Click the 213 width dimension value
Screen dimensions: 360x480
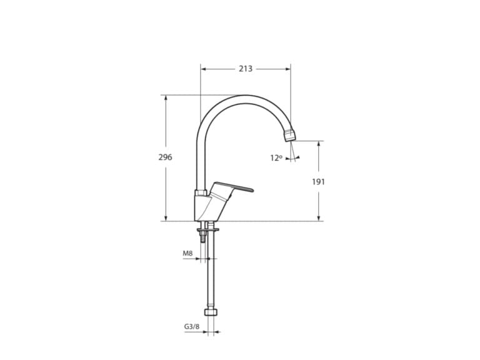pos(246,69)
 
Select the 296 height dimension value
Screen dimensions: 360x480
pos(165,157)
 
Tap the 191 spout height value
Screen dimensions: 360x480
pos(319,181)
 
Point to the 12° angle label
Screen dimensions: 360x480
pos(276,158)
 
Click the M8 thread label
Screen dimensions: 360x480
pos(187,254)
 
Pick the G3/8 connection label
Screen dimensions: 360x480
pos(191,326)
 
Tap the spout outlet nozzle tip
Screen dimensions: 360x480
pos(290,134)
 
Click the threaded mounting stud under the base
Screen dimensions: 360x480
pos(202,236)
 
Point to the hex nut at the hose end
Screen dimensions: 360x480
pos(210,311)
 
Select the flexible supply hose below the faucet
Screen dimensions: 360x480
pos(210,275)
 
